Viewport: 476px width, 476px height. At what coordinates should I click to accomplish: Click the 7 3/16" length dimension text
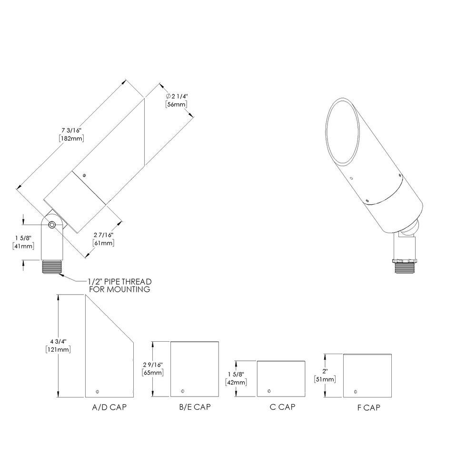tap(71, 130)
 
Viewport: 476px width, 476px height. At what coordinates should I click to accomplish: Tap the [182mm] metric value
tap(71, 138)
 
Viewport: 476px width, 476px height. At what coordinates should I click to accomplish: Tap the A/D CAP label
tap(109, 407)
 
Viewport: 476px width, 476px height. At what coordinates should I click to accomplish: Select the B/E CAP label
tap(195, 407)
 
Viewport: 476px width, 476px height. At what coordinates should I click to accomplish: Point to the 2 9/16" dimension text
tap(153, 364)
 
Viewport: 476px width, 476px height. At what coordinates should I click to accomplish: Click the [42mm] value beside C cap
tap(236, 382)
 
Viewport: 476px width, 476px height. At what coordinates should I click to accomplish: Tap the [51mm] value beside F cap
tap(325, 379)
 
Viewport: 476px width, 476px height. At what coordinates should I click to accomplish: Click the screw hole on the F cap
tap(356, 391)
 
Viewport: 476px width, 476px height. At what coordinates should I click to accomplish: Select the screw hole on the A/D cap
tap(98, 391)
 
